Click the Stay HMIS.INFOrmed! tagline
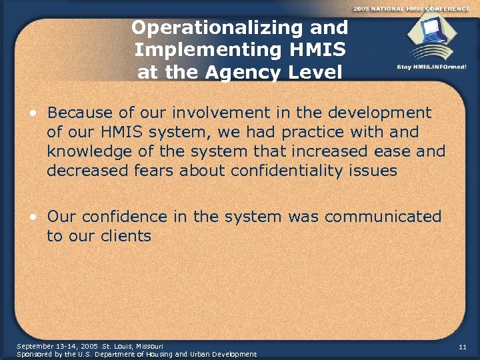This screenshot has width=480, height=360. [x=431, y=67]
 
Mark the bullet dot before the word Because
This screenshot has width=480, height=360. [x=32, y=113]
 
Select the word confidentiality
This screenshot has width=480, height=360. [x=296, y=171]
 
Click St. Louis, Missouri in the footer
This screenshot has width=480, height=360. [x=132, y=347]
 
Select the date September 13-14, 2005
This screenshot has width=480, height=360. [x=57, y=347]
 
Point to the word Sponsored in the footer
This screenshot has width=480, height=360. [x=34, y=354]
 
